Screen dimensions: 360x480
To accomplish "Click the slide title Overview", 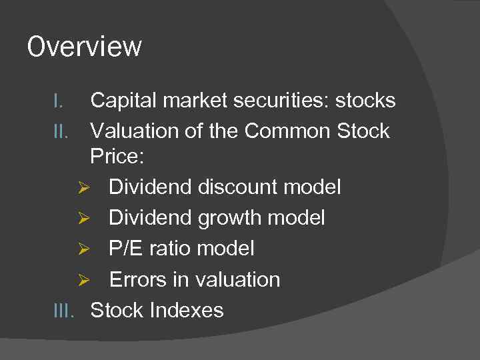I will pyautogui.click(x=84, y=47).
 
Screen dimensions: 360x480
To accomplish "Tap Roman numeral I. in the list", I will pyautogui.click(x=59, y=101).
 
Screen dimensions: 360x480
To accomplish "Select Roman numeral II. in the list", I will pyautogui.click(x=61, y=131).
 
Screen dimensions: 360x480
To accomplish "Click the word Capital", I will pyautogui.click(x=124, y=101).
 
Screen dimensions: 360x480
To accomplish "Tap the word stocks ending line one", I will pyautogui.click(x=365, y=101).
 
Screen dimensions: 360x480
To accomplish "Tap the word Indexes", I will pyautogui.click(x=187, y=310).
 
